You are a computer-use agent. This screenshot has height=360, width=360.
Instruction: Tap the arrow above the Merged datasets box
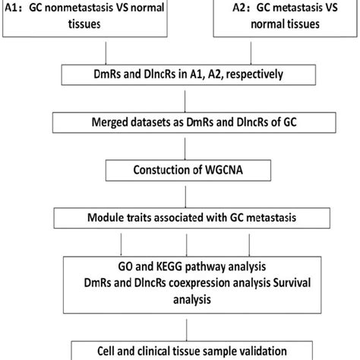(182, 99)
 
